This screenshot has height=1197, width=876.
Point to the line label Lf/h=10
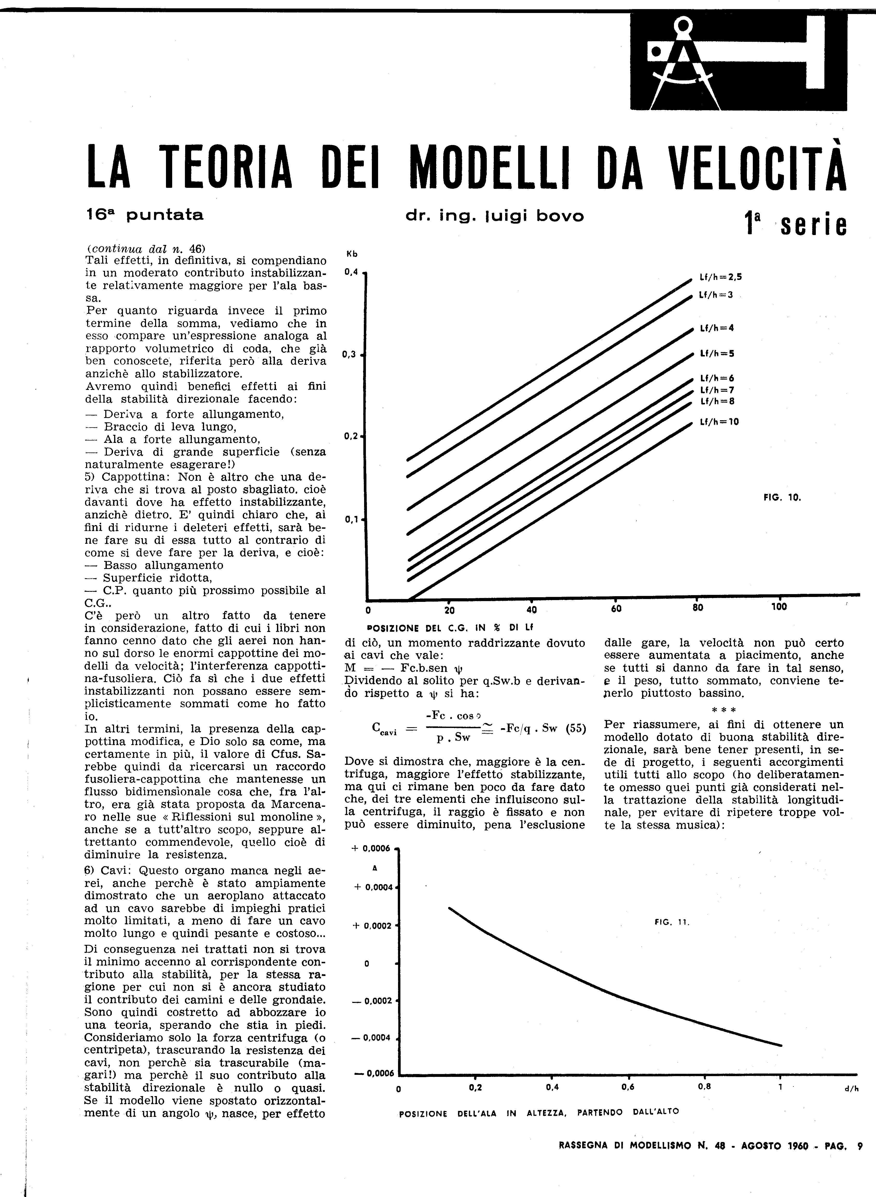719,422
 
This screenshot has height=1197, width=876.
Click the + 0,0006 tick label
371,849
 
